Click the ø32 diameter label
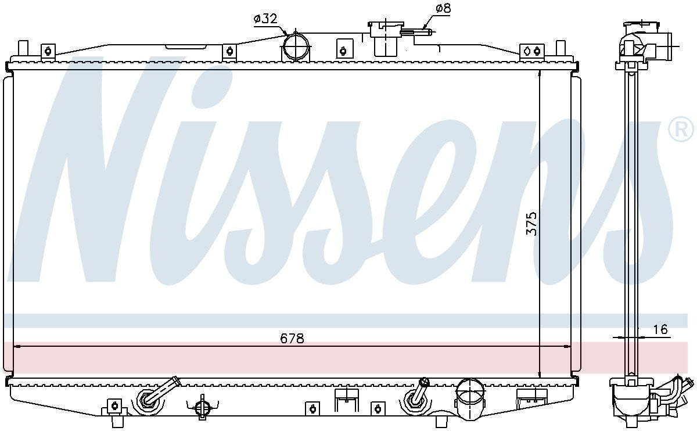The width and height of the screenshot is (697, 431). [265, 19]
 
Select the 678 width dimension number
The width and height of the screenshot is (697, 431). [292, 338]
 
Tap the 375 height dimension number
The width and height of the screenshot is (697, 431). [531, 224]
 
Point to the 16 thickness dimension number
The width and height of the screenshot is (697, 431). [660, 330]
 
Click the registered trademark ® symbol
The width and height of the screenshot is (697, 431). [682, 129]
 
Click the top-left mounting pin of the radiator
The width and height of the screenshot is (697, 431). [23, 48]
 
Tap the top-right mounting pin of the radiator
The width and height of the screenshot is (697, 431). [561, 48]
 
